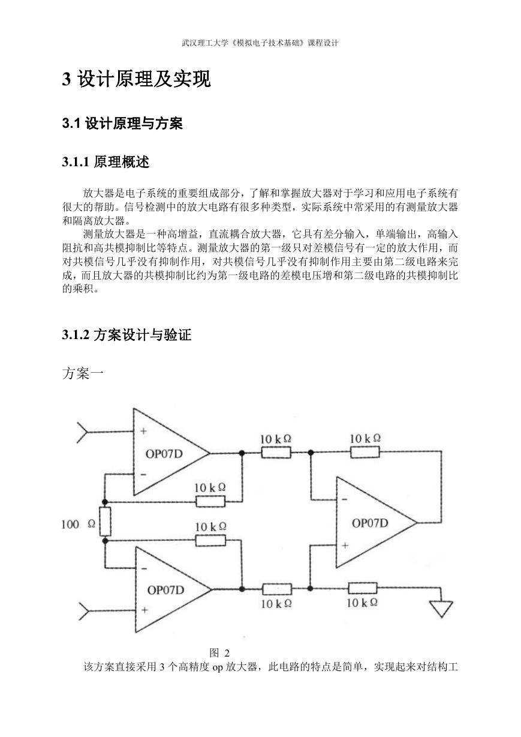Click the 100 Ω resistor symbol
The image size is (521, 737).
coord(105,522)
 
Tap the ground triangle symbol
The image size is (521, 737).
coord(441,609)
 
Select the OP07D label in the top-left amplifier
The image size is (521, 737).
coord(164,454)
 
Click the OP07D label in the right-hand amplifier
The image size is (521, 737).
coord(370,523)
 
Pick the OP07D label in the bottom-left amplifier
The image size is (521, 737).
coord(165,590)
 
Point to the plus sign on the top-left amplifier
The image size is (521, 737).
coord(144,431)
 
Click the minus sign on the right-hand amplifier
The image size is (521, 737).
coord(345,499)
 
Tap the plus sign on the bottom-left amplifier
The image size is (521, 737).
coord(144,610)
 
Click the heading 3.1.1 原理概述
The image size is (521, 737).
coord(106,162)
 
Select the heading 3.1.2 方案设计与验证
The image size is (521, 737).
coord(127,335)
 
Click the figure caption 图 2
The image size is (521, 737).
coord(219,653)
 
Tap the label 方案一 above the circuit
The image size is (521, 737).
coord(83,373)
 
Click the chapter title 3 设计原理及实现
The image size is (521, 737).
coord(137,79)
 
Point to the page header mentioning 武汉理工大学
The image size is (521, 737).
coord(260,43)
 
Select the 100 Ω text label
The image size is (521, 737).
coord(78,524)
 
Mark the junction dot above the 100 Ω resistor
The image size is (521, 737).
coord(105,502)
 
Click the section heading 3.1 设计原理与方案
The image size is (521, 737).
coord(122,124)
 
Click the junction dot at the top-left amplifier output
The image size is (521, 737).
coord(242,453)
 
